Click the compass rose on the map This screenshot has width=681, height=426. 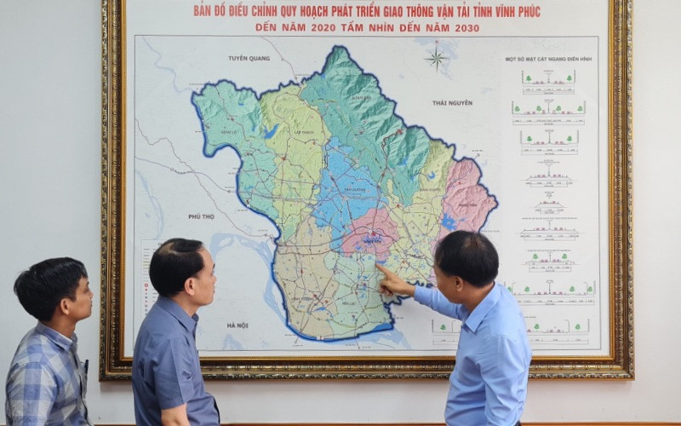[x=437, y=57]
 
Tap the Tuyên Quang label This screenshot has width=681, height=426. [x=249, y=58]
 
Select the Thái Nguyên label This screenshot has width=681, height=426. [x=451, y=102]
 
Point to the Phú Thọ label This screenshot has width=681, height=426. [x=202, y=216]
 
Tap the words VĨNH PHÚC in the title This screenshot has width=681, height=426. [x=508, y=12]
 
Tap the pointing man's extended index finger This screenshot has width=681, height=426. [x=381, y=268]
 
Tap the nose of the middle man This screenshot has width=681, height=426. [x=213, y=279]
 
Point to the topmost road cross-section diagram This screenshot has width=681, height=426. [x=548, y=82]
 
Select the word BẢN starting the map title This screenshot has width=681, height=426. [x=203, y=12]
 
